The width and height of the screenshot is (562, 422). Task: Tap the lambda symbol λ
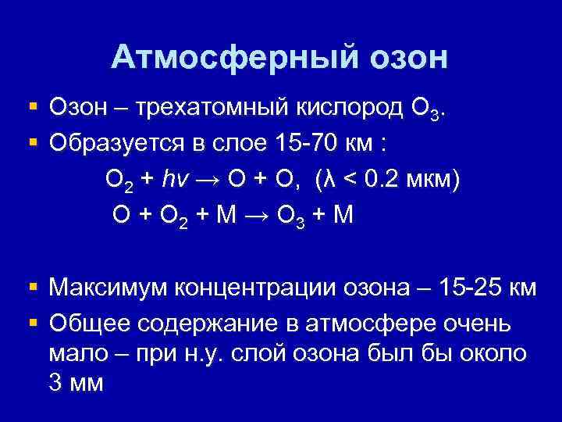[x=329, y=180]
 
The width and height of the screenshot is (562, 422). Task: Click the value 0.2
[x=379, y=180]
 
